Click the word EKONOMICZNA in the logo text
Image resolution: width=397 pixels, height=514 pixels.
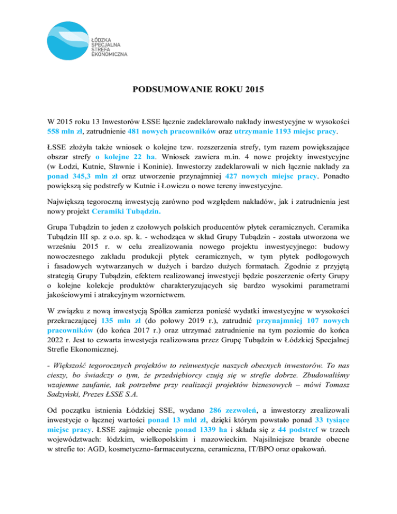[109, 54]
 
